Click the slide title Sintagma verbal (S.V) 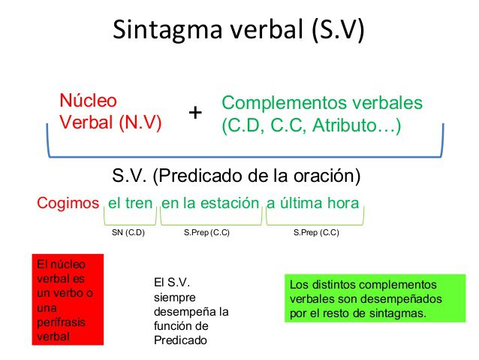pos(239,29)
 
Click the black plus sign pos(195,113)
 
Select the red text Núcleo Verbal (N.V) pos(110,112)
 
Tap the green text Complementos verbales pos(322,104)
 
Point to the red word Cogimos pos(68,202)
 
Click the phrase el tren pos(131,202)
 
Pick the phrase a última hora pos(312,202)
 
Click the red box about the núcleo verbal pos(67,300)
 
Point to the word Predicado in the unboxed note pos(178,339)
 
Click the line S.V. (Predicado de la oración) pos(236,176)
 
